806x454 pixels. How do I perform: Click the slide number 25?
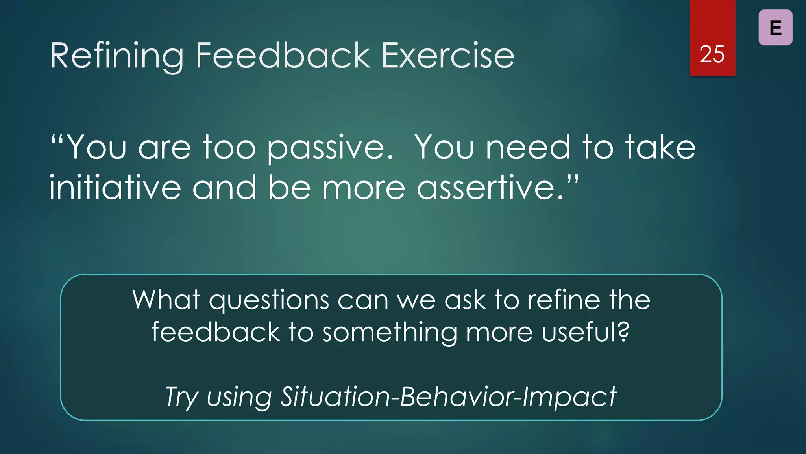click(x=712, y=54)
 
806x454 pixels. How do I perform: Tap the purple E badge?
click(x=775, y=28)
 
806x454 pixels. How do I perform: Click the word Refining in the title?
click(x=117, y=56)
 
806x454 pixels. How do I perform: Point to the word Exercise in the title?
click(x=448, y=56)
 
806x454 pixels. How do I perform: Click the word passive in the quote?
click(x=330, y=148)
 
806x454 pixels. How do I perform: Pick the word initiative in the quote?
click(x=115, y=188)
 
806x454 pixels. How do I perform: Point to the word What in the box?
click(x=166, y=300)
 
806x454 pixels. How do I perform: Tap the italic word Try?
click(x=181, y=397)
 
